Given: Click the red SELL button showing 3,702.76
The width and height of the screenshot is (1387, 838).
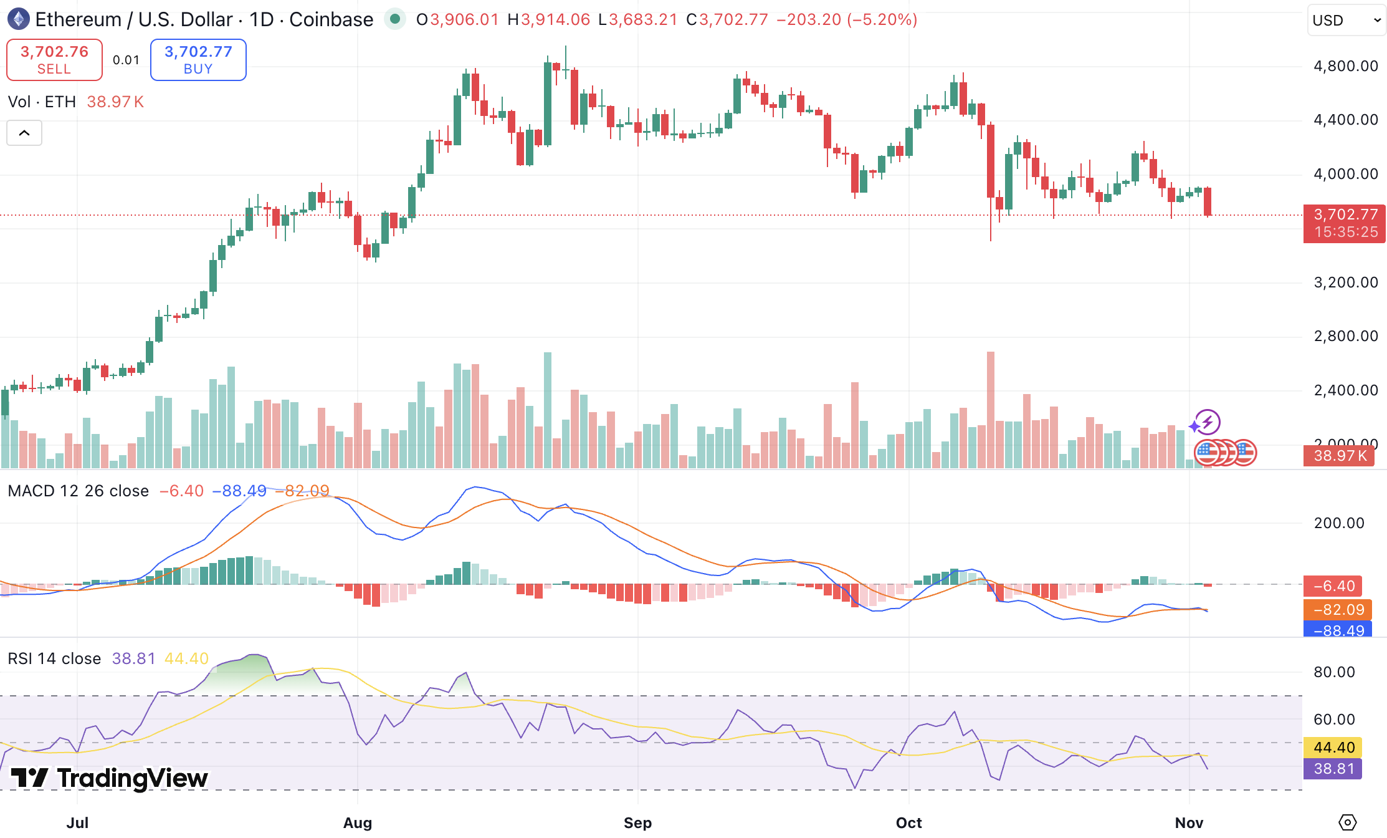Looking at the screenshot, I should pyautogui.click(x=54, y=60).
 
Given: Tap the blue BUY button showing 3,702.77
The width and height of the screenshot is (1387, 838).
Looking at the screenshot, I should pyautogui.click(x=198, y=60).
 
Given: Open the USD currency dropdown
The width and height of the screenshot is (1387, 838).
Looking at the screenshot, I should pyautogui.click(x=1346, y=21).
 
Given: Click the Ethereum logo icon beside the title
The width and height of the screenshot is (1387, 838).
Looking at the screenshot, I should pyautogui.click(x=19, y=19).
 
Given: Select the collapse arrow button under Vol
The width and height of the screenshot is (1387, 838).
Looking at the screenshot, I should pyautogui.click(x=24, y=133).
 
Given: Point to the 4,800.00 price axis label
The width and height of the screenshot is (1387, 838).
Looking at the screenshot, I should pyautogui.click(x=1345, y=66).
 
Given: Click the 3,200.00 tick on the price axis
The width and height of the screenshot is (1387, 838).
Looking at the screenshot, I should pyautogui.click(x=1345, y=282).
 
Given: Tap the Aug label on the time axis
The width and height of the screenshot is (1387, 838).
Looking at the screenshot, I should pyautogui.click(x=358, y=822).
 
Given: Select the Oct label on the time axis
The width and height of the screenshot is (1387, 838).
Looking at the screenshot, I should pyautogui.click(x=908, y=822).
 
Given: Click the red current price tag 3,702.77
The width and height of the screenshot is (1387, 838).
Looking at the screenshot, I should pyautogui.click(x=1345, y=223).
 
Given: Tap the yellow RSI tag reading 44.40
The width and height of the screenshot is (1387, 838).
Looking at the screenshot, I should pyautogui.click(x=1333, y=747).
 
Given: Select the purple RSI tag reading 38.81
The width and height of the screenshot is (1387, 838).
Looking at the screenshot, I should pyautogui.click(x=1333, y=769).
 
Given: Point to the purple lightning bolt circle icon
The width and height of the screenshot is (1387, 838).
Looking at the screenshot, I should pyautogui.click(x=1208, y=423).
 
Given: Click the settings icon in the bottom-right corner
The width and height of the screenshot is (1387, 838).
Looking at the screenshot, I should pyautogui.click(x=1347, y=822).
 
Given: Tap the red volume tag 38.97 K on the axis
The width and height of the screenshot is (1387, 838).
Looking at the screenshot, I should pyautogui.click(x=1340, y=456).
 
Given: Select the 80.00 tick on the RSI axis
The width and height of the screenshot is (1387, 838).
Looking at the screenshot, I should pyautogui.click(x=1334, y=672).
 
